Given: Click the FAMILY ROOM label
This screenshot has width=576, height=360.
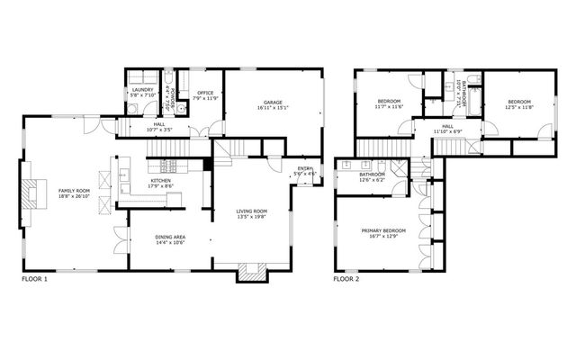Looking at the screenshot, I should [74, 191].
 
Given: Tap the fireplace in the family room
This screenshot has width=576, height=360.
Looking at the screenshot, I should [33, 193].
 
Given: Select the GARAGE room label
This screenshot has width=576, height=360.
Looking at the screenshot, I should [273, 103].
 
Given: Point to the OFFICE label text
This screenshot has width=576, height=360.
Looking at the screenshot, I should [205, 92].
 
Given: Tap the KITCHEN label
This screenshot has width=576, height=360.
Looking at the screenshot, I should [161, 181].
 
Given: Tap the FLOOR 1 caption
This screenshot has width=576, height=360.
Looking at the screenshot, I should [34, 280].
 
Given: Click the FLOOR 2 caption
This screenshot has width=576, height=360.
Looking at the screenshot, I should [346, 280].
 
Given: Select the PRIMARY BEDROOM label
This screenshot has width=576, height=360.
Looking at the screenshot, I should [384, 230].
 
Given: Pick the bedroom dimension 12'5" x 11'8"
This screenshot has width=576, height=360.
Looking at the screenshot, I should [518, 107].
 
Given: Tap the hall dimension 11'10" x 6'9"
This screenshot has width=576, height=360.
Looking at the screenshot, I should [446, 131].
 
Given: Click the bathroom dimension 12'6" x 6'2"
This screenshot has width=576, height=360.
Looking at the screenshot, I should [372, 180].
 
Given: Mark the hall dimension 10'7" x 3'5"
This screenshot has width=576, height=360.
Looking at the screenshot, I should [158, 130].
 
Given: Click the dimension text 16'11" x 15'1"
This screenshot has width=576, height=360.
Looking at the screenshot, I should [273, 108].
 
